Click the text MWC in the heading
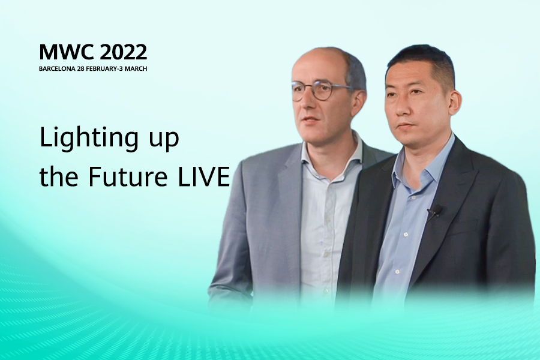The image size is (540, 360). pos(66,52)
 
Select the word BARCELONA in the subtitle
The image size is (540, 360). pos(57,68)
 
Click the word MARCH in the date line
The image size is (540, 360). pos(136,68)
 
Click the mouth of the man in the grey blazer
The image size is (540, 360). pos(310,120)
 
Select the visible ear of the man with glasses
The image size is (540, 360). pos(358,102)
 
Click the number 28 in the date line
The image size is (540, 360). pos(80,68)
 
